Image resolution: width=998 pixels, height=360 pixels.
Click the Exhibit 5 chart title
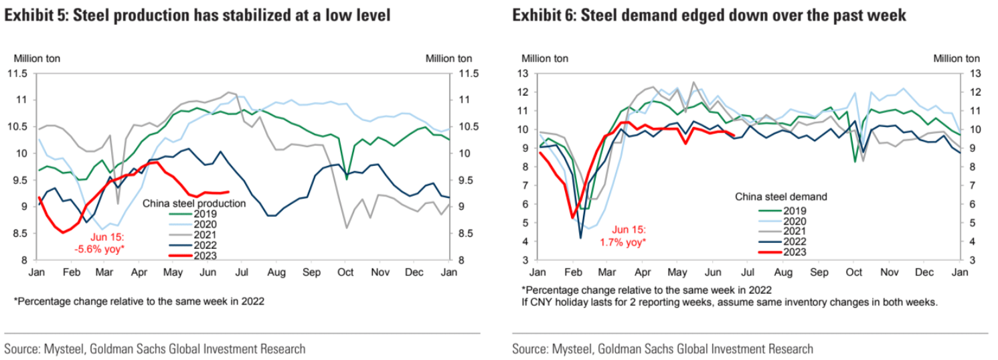[x=197, y=15]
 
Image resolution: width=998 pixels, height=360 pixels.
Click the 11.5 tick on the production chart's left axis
[x=17, y=74]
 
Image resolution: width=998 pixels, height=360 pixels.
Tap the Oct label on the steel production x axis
[x=345, y=273]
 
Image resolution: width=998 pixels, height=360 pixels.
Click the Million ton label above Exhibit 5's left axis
[x=32, y=58]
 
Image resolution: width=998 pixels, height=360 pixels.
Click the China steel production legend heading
[x=195, y=202]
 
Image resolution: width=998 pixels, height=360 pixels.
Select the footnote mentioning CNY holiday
[x=730, y=302]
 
